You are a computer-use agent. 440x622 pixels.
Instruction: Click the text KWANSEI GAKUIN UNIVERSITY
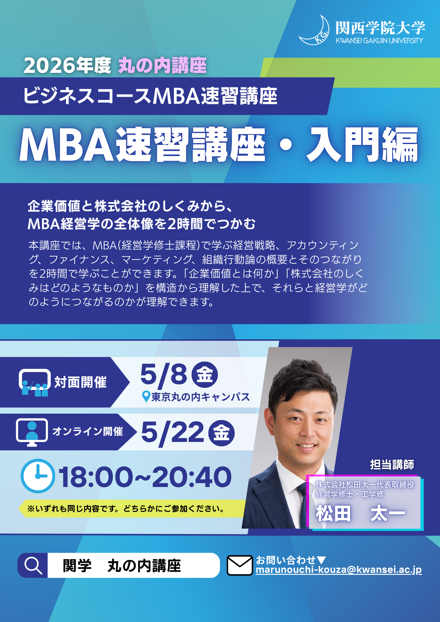(379, 40)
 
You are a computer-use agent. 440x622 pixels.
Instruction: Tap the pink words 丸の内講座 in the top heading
(162, 66)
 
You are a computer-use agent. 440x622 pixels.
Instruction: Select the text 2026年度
(67, 66)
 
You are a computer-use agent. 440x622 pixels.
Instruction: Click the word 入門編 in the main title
(362, 145)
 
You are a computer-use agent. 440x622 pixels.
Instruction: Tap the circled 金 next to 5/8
(204, 374)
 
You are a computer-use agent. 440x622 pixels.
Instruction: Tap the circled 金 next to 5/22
(221, 433)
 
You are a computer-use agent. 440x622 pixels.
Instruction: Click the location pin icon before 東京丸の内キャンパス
(146, 397)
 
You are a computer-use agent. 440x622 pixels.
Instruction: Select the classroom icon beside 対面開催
(35, 383)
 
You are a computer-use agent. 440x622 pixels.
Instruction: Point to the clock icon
(38, 476)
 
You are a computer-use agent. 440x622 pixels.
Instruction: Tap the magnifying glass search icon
(33, 565)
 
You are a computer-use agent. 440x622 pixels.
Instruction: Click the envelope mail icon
(240, 565)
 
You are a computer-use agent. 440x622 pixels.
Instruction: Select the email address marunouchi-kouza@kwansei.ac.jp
(339, 570)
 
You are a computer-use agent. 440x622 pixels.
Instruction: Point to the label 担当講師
(392, 465)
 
